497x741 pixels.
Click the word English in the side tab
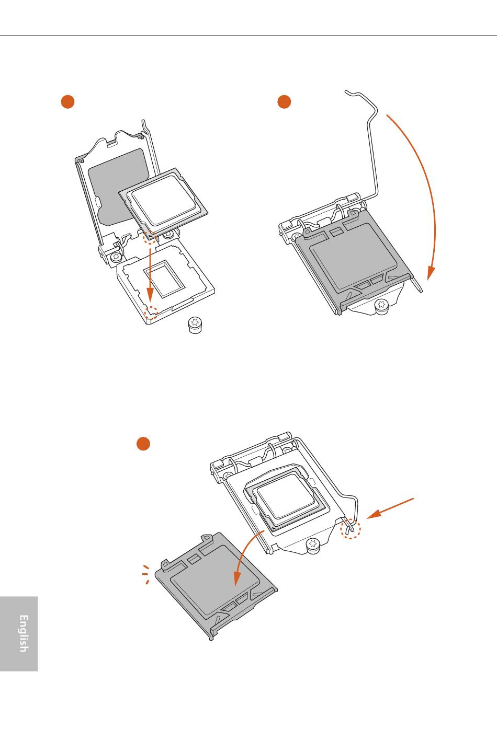pyautogui.click(x=24, y=633)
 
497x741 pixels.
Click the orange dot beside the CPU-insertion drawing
pyautogui.click(x=67, y=101)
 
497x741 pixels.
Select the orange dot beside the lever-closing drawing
pyautogui.click(x=284, y=101)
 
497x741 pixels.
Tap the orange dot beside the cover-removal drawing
pyautogui.click(x=143, y=444)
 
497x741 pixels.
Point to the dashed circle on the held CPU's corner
pyautogui.click(x=150, y=238)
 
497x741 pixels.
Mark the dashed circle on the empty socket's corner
pyautogui.click(x=152, y=312)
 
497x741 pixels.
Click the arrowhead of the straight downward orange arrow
pyautogui.click(x=150, y=294)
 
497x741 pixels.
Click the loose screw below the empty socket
pyautogui.click(x=195, y=325)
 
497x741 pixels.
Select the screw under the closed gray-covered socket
pyautogui.click(x=382, y=306)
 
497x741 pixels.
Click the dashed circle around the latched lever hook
pyautogui.click(x=351, y=528)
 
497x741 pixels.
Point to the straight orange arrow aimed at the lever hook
pyautogui.click(x=390, y=508)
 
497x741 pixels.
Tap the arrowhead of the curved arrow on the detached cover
pyautogui.click(x=237, y=578)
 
